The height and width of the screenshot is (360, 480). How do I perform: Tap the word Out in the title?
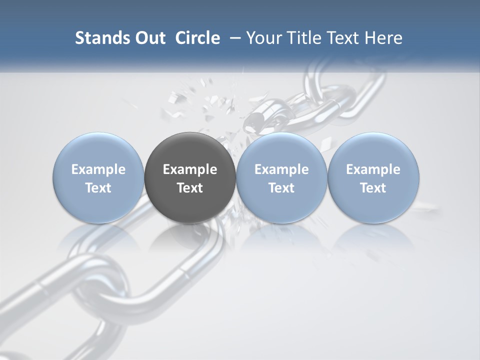tap(148, 38)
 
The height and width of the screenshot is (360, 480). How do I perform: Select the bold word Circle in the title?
tap(197, 38)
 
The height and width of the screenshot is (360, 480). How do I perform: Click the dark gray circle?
tap(190, 150)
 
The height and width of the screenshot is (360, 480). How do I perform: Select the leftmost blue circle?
tap(98, 150)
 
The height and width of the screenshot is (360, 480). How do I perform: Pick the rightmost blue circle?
tap(373, 150)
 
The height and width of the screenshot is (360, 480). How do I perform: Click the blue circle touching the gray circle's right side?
tap(281, 150)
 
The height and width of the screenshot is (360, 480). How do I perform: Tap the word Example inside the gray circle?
tap(190, 169)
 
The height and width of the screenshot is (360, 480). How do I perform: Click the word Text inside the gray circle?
tap(190, 188)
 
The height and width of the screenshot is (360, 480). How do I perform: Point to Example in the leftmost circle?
tap(98, 169)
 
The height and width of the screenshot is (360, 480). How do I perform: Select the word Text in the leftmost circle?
tap(98, 188)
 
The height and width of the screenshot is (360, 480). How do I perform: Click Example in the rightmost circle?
tap(373, 169)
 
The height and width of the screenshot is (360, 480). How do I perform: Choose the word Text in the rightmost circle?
tap(373, 188)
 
